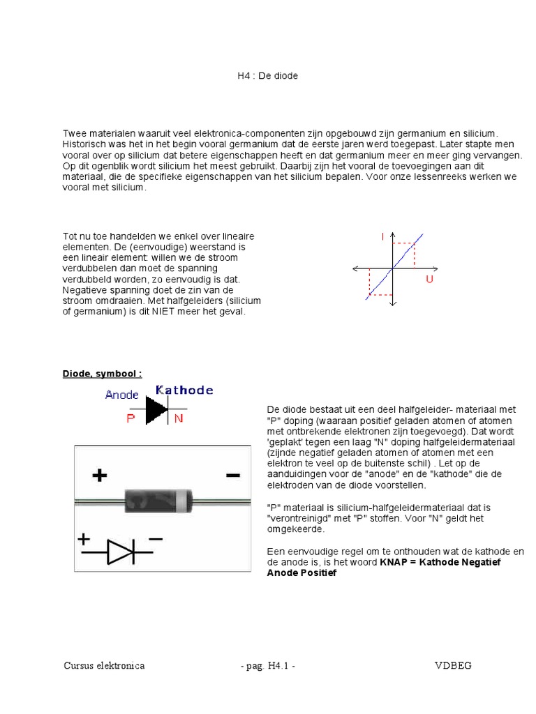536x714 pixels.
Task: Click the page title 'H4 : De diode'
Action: [267, 75]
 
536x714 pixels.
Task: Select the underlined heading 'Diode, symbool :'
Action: [102, 374]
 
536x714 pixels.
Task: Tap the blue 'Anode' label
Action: [122, 395]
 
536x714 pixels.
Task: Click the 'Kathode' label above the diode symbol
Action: [184, 390]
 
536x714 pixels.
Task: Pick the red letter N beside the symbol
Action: [179, 418]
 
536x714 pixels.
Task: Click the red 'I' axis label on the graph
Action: [382, 238]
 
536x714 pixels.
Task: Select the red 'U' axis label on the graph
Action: [429, 279]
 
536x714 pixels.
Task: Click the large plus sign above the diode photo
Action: [99, 476]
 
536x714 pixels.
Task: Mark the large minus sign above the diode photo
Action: [232, 475]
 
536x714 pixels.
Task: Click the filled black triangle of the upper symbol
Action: [157, 410]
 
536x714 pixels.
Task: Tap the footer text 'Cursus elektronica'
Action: [104, 666]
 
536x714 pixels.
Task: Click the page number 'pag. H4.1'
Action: [267, 666]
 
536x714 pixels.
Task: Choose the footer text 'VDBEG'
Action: [453, 666]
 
